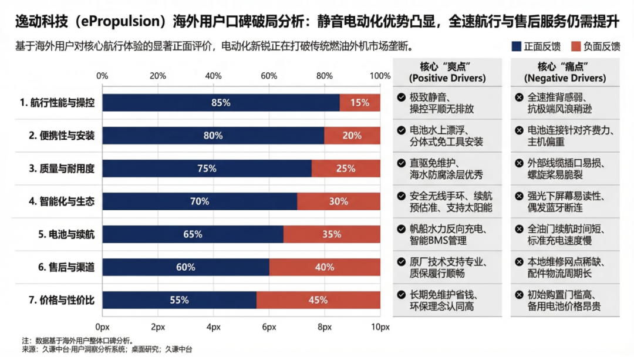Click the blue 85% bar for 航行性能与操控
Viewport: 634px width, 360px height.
(x=221, y=103)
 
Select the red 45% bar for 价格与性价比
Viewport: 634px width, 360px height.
(x=318, y=300)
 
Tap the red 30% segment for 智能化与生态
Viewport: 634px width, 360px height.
(x=338, y=201)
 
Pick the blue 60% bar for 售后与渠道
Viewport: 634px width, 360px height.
(x=186, y=267)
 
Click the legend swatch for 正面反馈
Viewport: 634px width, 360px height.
(x=516, y=46)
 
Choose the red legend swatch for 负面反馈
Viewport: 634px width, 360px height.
(x=575, y=46)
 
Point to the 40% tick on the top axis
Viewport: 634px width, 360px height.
(x=213, y=75)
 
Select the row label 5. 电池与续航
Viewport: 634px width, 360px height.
(x=66, y=234)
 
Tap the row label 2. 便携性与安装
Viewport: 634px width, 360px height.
(x=62, y=136)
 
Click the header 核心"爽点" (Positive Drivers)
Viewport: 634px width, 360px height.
(x=447, y=72)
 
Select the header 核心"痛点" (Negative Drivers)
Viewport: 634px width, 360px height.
(x=565, y=72)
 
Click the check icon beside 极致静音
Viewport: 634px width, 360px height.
(x=401, y=97)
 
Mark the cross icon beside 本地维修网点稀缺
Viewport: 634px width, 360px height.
(x=519, y=262)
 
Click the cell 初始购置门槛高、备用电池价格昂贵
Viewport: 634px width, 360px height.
(x=564, y=300)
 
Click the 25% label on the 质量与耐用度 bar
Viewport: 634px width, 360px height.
(x=346, y=169)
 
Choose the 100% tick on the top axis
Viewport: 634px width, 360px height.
(x=380, y=75)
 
